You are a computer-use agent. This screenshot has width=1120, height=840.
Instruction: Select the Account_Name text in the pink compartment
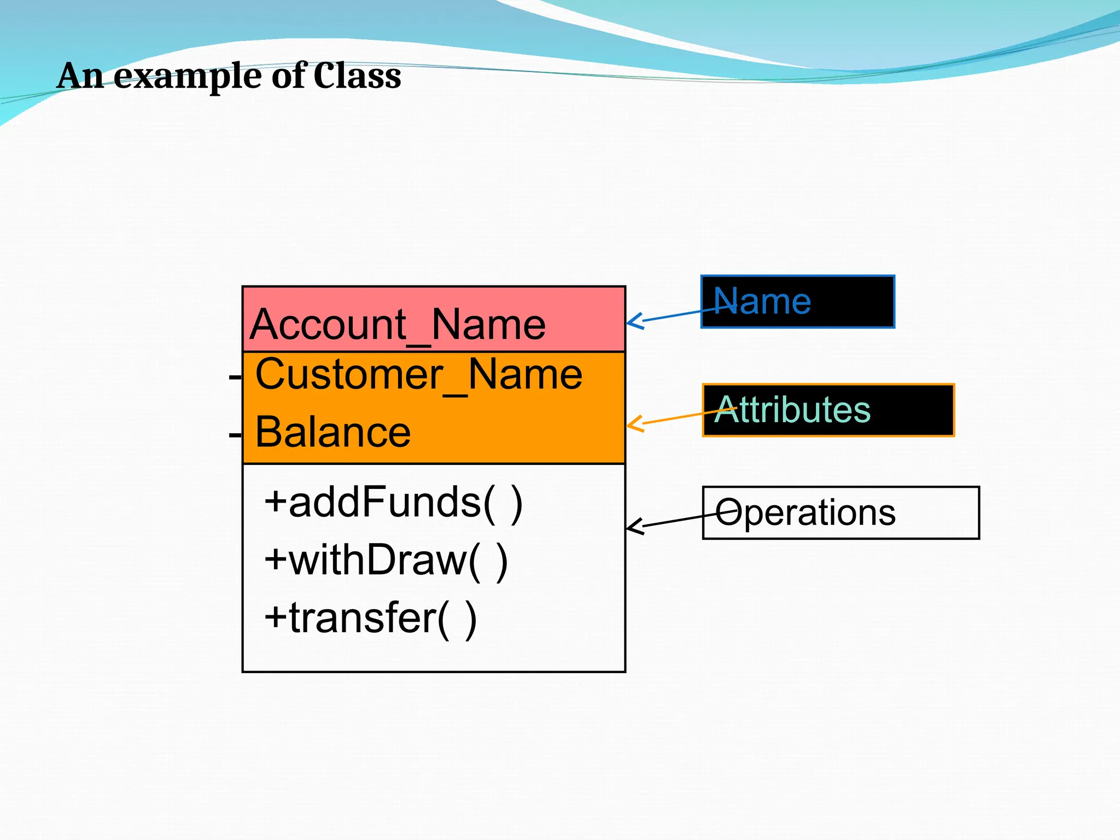[x=398, y=324]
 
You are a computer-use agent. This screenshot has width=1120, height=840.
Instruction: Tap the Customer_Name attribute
[x=418, y=375]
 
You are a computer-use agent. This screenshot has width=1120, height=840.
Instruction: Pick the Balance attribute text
[x=332, y=432]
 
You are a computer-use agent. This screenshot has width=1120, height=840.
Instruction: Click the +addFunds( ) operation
[x=393, y=502]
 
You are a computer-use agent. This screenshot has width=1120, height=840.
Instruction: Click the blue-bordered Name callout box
[x=797, y=301]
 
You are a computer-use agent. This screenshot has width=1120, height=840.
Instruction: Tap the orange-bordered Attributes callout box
[x=828, y=410]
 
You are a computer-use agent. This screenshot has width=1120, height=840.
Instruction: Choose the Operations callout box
[x=841, y=512]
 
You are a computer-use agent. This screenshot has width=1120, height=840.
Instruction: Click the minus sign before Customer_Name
[x=235, y=377]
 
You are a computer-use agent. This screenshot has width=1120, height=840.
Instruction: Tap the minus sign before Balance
[x=235, y=435]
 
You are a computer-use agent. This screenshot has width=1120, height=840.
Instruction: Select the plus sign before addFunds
[x=276, y=502]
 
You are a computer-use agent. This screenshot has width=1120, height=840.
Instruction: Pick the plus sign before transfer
[x=276, y=618]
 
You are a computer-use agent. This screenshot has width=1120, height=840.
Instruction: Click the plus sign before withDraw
[x=276, y=560]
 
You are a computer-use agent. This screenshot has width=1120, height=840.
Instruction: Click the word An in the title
[x=80, y=75]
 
